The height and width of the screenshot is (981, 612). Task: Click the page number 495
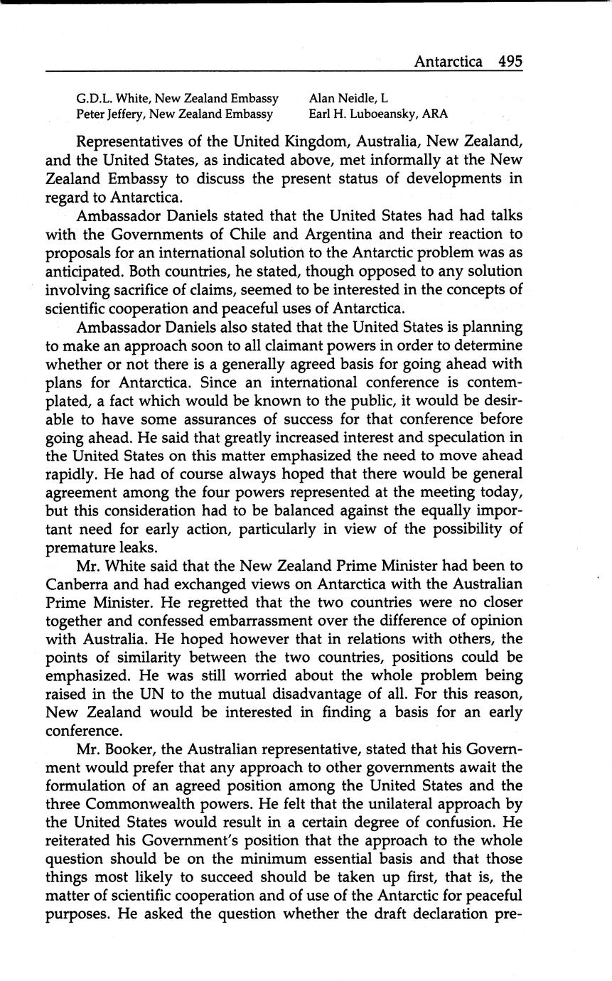tap(510, 61)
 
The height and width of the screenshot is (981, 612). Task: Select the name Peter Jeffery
tap(109, 114)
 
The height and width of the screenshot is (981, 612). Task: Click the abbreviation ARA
tap(434, 114)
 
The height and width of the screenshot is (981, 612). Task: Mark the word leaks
tap(151, 548)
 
